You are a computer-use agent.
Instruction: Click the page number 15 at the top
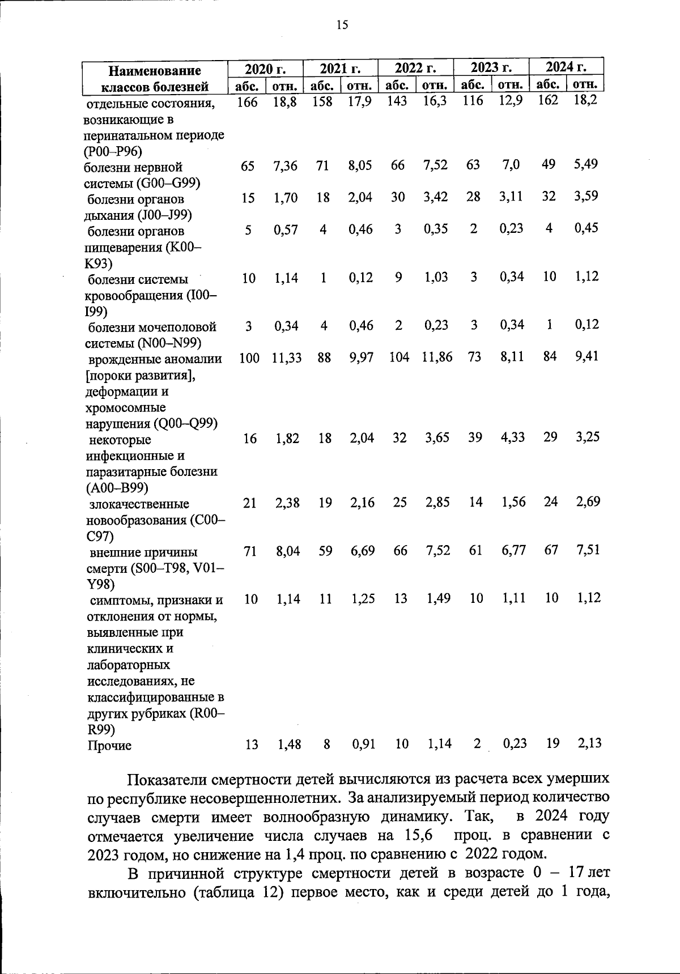tap(342, 24)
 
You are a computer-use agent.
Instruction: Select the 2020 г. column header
tap(265, 69)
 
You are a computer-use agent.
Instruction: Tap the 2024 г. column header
tap(566, 67)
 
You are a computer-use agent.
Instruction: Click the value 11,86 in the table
tap(437, 358)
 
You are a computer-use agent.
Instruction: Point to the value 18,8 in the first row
tap(284, 103)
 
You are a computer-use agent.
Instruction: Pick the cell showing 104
tap(399, 358)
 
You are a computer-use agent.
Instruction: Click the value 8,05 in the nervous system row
tap(360, 165)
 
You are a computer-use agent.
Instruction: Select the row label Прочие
tap(109, 746)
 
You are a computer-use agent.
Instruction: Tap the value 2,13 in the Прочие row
tap(590, 743)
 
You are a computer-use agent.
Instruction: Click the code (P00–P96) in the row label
tap(112, 151)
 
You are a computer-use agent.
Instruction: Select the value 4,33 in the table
tap(512, 437)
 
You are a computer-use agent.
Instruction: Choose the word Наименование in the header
tap(155, 71)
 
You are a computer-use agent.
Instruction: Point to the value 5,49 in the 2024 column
tap(586, 164)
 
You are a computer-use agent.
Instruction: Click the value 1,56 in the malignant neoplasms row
tap(513, 502)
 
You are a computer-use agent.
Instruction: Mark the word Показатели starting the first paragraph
tap(164, 779)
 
